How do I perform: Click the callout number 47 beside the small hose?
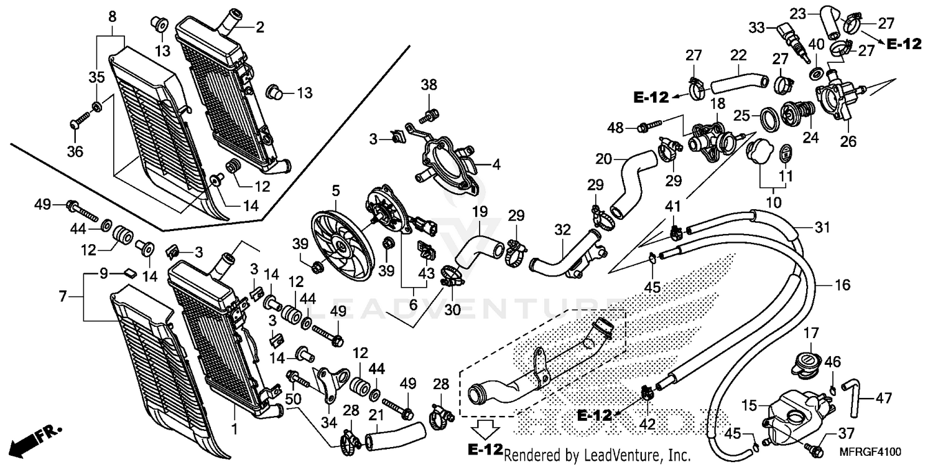[884, 397]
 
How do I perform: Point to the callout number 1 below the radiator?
[234, 429]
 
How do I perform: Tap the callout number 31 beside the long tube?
[823, 229]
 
